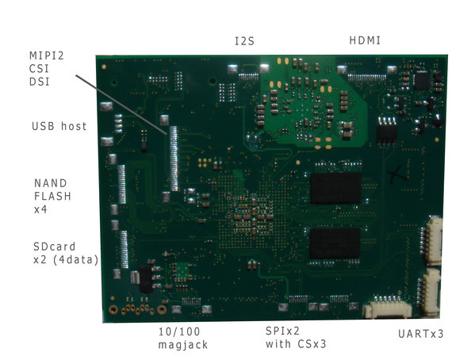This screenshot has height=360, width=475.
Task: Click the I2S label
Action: point(244,41)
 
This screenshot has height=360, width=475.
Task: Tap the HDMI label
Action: point(365,40)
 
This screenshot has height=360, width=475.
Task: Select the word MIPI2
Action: point(47,56)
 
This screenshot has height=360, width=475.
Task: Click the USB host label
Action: point(59,126)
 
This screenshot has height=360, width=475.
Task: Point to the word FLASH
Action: point(52,197)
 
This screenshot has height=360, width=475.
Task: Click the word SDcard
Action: point(54,247)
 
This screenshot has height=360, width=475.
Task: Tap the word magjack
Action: point(183,345)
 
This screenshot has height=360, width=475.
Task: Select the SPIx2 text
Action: point(282,331)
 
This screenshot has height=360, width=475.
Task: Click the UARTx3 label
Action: point(421,334)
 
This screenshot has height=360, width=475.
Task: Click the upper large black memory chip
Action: point(335,188)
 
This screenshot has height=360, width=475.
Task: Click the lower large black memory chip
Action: point(335,243)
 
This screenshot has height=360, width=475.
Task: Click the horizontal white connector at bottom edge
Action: point(388,308)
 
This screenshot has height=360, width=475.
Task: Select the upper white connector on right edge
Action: point(433,240)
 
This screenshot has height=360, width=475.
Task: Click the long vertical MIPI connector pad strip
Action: point(174,159)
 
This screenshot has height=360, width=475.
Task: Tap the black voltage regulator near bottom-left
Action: point(146,278)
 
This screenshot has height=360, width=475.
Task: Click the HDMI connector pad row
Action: point(367,79)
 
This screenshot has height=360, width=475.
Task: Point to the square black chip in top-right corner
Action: point(422,81)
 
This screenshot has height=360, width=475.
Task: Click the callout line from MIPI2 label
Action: point(121,105)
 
